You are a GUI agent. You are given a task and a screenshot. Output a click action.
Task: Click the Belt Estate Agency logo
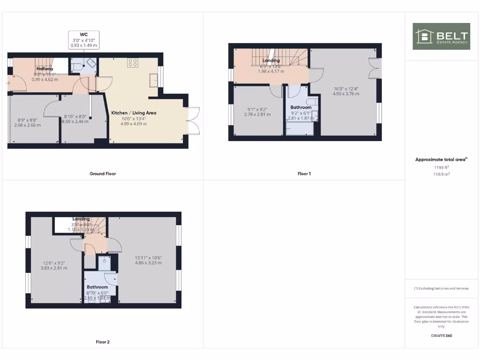(441, 36)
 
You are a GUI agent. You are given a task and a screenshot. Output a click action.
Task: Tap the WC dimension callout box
(84, 40)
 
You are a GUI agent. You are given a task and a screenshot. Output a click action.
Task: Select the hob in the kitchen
(132, 62)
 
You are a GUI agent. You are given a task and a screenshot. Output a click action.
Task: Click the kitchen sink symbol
(153, 80)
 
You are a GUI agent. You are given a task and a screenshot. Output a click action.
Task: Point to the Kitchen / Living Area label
(134, 113)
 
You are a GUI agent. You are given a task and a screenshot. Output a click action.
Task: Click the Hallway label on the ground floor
(45, 69)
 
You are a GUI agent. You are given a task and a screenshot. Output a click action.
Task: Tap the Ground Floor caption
(103, 174)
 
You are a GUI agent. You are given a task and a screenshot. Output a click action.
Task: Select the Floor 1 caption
(304, 174)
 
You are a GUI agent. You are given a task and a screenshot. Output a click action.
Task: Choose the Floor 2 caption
(103, 342)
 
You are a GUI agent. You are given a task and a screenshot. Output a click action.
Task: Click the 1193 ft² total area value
(441, 167)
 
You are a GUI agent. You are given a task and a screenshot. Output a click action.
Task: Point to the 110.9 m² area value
(441, 174)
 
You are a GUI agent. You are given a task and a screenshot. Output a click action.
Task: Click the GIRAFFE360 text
(441, 336)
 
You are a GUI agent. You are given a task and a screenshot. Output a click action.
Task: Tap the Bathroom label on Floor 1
(300, 107)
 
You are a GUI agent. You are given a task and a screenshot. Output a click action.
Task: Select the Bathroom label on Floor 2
(97, 287)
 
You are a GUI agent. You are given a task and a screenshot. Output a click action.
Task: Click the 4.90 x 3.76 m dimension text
(346, 94)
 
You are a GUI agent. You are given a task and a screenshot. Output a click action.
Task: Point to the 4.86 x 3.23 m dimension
(148, 263)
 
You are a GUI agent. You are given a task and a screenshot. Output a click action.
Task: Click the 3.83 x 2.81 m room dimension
(54, 268)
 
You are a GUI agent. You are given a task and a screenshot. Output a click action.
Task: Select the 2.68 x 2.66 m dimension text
(27, 125)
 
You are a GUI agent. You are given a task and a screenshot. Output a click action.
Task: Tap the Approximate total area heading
(441, 160)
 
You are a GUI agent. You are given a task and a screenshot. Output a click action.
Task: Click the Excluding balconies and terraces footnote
(441, 288)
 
